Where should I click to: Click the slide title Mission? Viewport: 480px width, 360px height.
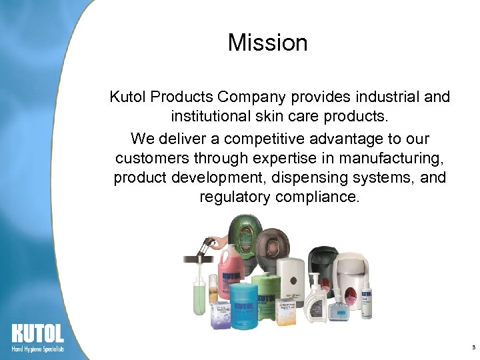[267, 43]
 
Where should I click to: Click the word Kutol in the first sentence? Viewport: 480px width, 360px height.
[128, 97]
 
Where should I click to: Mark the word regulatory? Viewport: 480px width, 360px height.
[233, 198]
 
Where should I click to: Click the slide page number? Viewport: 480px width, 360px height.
[473, 348]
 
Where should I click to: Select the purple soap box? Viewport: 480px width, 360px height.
[221, 315]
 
